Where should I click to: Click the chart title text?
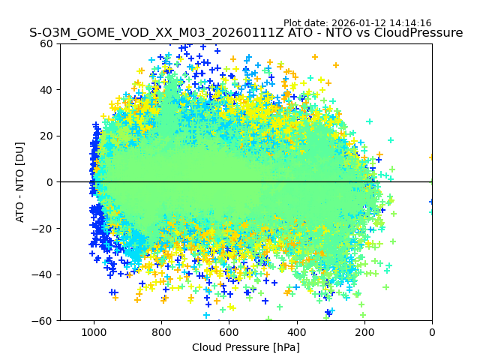(246, 33)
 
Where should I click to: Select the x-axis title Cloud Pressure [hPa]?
(246, 347)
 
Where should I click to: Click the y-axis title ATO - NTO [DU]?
(21, 181)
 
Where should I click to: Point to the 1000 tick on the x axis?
(94, 331)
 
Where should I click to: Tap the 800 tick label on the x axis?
(161, 331)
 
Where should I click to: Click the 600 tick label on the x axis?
(229, 331)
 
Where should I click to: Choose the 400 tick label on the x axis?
(297, 331)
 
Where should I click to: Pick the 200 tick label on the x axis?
(364, 331)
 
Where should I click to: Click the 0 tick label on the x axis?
(432, 331)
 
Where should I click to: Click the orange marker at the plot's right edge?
(431, 157)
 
